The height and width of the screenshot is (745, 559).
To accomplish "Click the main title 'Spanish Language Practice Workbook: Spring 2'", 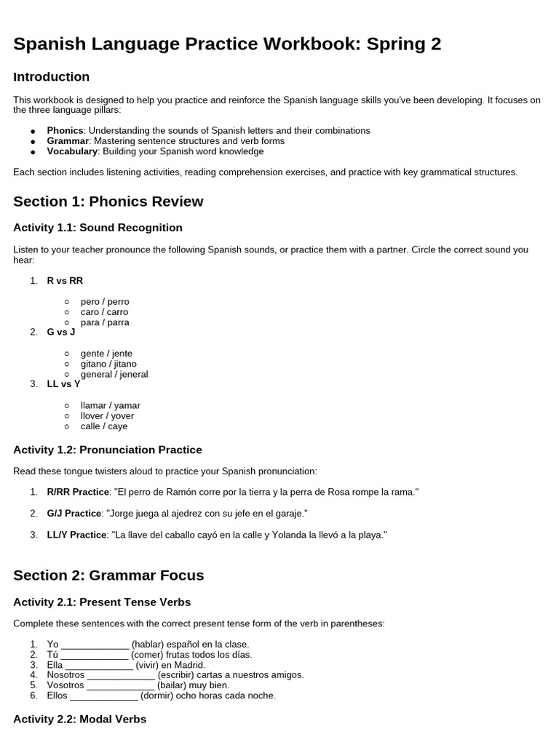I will point(227,44).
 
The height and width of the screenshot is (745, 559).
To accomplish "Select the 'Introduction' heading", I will point(51,77).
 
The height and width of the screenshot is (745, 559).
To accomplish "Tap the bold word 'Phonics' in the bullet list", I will point(65,130).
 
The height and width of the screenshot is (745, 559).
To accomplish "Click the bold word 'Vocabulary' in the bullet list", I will point(72,151).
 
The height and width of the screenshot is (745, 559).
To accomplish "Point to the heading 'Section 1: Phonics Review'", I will point(108,202).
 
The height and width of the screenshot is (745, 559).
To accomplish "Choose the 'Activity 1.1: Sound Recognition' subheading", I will point(98,228).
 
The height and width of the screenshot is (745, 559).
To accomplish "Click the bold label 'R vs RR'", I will point(65,281).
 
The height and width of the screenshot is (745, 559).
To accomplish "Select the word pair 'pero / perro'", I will point(105,301).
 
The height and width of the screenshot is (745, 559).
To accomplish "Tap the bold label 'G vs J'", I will point(60,332).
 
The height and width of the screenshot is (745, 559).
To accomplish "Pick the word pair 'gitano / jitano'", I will point(108,364).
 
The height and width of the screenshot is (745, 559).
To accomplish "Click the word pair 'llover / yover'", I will point(107,416).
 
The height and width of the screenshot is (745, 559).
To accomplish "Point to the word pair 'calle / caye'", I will point(104,426).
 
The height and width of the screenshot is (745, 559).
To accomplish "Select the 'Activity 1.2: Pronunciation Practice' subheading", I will point(107,450).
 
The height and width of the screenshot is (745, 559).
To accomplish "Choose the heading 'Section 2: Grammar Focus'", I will point(108,575).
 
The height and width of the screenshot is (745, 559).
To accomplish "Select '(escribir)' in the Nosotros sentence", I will point(178,675).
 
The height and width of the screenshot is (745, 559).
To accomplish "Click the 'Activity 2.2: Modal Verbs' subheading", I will point(79,719).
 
